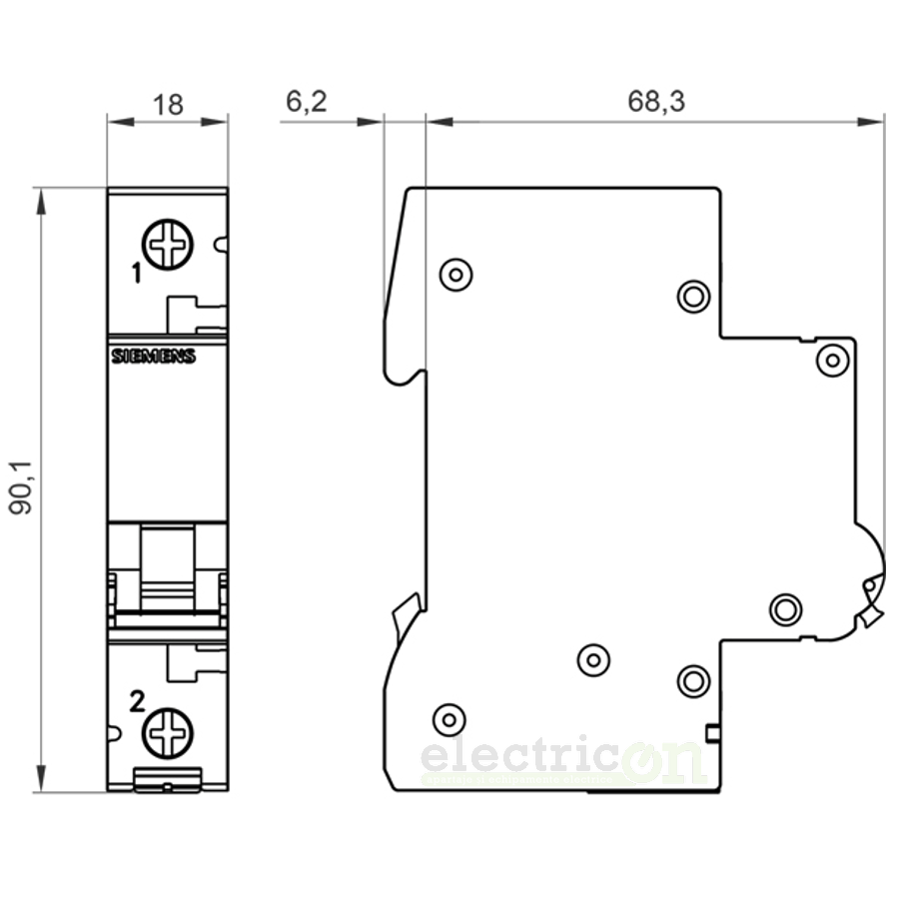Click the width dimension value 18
168,104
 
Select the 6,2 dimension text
306,102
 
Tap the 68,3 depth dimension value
656,102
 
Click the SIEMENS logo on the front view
153,358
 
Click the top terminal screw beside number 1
167,245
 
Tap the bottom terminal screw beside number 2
167,733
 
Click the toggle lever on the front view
167,569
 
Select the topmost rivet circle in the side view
455,273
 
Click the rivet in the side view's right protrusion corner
831,360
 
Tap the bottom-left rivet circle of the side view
449,718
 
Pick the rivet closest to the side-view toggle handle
786,607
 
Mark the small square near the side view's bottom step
712,734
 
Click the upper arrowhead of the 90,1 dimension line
41,200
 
